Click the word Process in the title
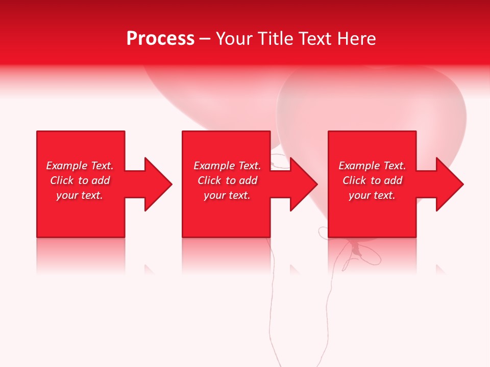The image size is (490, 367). (160, 39)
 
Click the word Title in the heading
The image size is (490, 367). (274, 39)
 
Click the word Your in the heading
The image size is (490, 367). (235, 39)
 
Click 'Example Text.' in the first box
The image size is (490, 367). (80, 166)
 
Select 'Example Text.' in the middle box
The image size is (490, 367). (227, 166)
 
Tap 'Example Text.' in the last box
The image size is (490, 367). (372, 166)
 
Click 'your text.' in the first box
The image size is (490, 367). (80, 195)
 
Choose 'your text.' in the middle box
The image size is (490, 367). (227, 195)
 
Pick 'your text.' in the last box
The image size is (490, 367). (372, 195)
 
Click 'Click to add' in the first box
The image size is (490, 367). (80, 180)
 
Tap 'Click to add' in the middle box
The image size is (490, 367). (227, 180)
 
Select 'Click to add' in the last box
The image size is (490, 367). (372, 180)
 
